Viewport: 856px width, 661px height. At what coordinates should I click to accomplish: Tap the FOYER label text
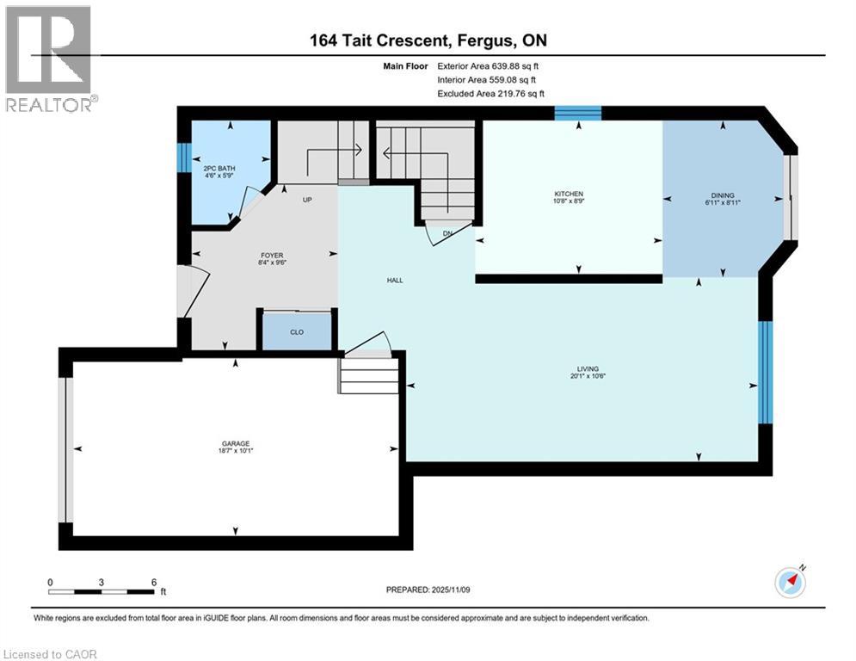click(x=272, y=255)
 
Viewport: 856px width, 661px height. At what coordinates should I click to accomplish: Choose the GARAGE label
click(x=235, y=444)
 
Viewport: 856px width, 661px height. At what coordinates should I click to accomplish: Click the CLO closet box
click(x=297, y=331)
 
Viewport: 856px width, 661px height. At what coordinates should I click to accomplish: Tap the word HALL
click(x=395, y=280)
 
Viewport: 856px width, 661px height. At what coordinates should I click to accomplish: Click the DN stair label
click(x=447, y=233)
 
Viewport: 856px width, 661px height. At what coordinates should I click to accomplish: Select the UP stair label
click(x=306, y=200)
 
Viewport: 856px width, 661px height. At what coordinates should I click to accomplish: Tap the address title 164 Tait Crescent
click(x=428, y=40)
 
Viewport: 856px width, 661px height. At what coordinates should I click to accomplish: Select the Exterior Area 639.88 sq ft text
click(x=488, y=65)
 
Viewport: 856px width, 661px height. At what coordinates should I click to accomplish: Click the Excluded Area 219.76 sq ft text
click(x=490, y=94)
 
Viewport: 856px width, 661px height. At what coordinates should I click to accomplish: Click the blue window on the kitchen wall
click(x=577, y=113)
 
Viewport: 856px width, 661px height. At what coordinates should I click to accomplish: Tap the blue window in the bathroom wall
click(x=182, y=158)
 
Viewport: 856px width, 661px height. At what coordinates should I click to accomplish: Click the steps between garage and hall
click(x=369, y=375)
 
